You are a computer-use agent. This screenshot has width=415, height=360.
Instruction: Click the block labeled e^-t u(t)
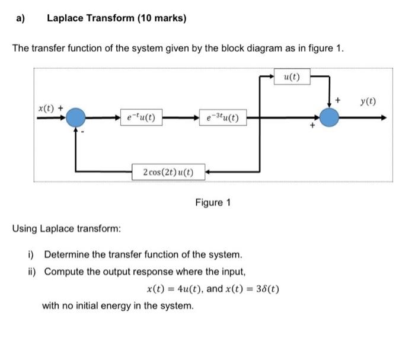pyautogui.click(x=138, y=117)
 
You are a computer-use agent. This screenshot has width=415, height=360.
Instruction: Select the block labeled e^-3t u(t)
pyautogui.click(x=219, y=117)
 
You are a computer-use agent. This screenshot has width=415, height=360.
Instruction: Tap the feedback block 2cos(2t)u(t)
pyautogui.click(x=168, y=173)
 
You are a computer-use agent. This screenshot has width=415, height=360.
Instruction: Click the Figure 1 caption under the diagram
pyautogui.click(x=213, y=203)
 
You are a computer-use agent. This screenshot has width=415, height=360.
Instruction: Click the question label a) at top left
pyautogui.click(x=21, y=18)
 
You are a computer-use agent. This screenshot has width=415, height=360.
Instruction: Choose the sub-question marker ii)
pyautogui.click(x=32, y=272)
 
